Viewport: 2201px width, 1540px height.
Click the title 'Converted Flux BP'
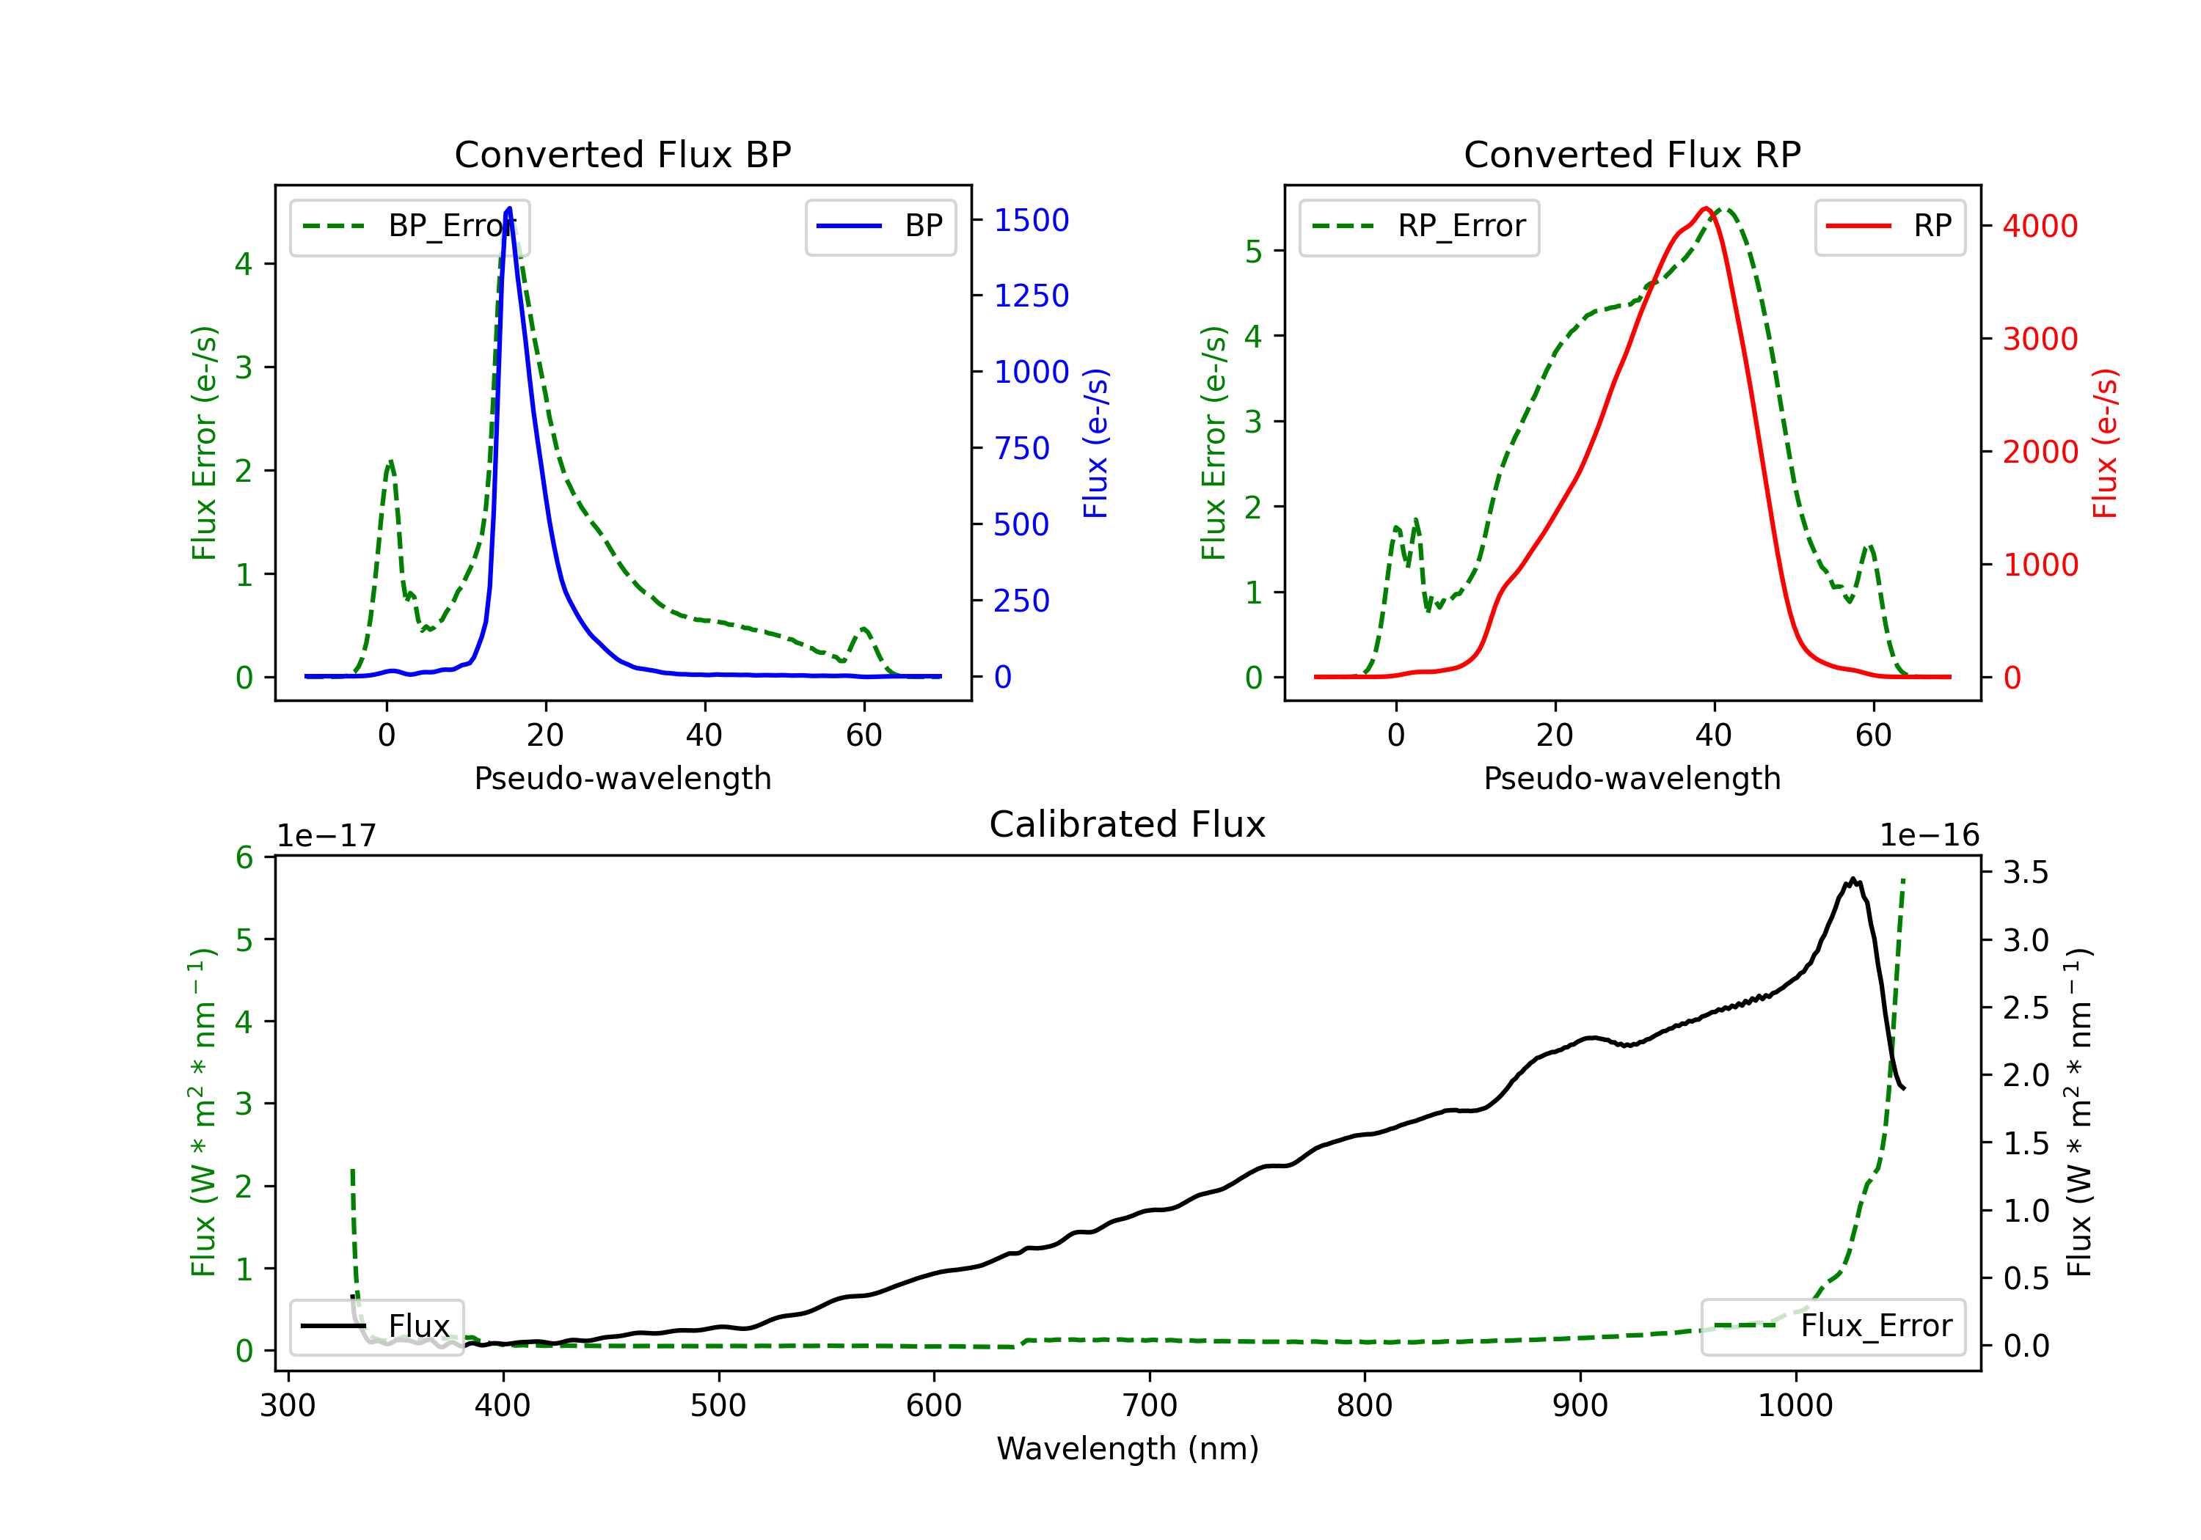tap(622, 154)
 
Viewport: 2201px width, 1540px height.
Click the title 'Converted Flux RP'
tap(1632, 154)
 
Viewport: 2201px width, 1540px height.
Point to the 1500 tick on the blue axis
tap(1031, 221)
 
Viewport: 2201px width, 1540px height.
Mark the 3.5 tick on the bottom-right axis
tap(2025, 872)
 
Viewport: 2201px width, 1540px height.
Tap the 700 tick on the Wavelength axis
tap(1150, 1406)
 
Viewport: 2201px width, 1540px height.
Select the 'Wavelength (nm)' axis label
tap(1128, 1448)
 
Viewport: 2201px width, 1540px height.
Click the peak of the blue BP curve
tap(509, 208)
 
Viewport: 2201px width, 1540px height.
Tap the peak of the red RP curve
tap(1705, 209)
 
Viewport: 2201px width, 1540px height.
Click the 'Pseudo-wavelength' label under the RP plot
tap(1632, 778)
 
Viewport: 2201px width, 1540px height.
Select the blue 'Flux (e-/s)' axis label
tap(1095, 443)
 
